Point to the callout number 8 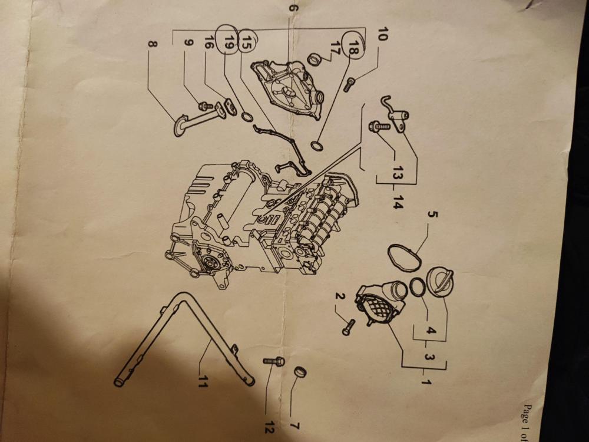coord(152,45)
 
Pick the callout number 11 coord(203,381)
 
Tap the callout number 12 coord(269,427)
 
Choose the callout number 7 coord(294,426)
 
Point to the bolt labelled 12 coord(274,361)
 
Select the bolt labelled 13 coord(379,127)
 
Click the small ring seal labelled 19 coord(247,117)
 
